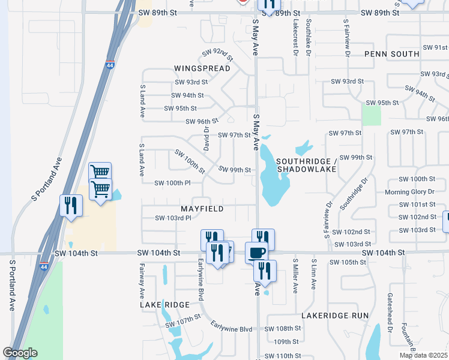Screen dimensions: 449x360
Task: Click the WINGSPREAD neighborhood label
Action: click(x=202, y=68)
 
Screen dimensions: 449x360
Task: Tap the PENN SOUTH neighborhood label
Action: click(x=391, y=54)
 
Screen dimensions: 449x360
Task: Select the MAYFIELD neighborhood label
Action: click(x=202, y=209)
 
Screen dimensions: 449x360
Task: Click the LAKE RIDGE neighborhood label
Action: click(x=165, y=305)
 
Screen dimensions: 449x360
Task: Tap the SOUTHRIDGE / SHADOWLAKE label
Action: click(x=306, y=166)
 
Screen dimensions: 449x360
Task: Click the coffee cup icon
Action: click(x=256, y=252)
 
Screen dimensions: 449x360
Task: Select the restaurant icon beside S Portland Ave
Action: click(x=71, y=205)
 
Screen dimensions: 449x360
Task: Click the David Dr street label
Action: click(x=206, y=137)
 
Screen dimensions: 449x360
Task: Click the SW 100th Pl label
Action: click(x=172, y=183)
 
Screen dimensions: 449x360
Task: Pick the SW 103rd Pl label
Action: click(x=173, y=218)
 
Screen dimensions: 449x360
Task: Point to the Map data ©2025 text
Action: click(x=423, y=355)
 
